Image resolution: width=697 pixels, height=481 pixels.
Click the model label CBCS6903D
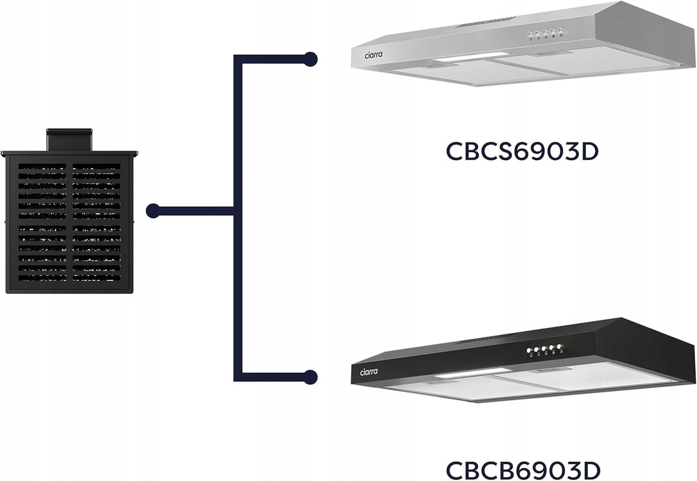[x=522, y=151]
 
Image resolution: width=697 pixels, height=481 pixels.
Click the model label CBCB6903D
[x=522, y=469]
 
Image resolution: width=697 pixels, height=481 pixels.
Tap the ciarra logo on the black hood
[x=369, y=372]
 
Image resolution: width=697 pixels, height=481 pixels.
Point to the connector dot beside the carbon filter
[x=153, y=211]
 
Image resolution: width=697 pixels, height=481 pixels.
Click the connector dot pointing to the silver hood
[x=311, y=59]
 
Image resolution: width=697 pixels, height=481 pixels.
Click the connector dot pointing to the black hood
[x=311, y=376]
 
